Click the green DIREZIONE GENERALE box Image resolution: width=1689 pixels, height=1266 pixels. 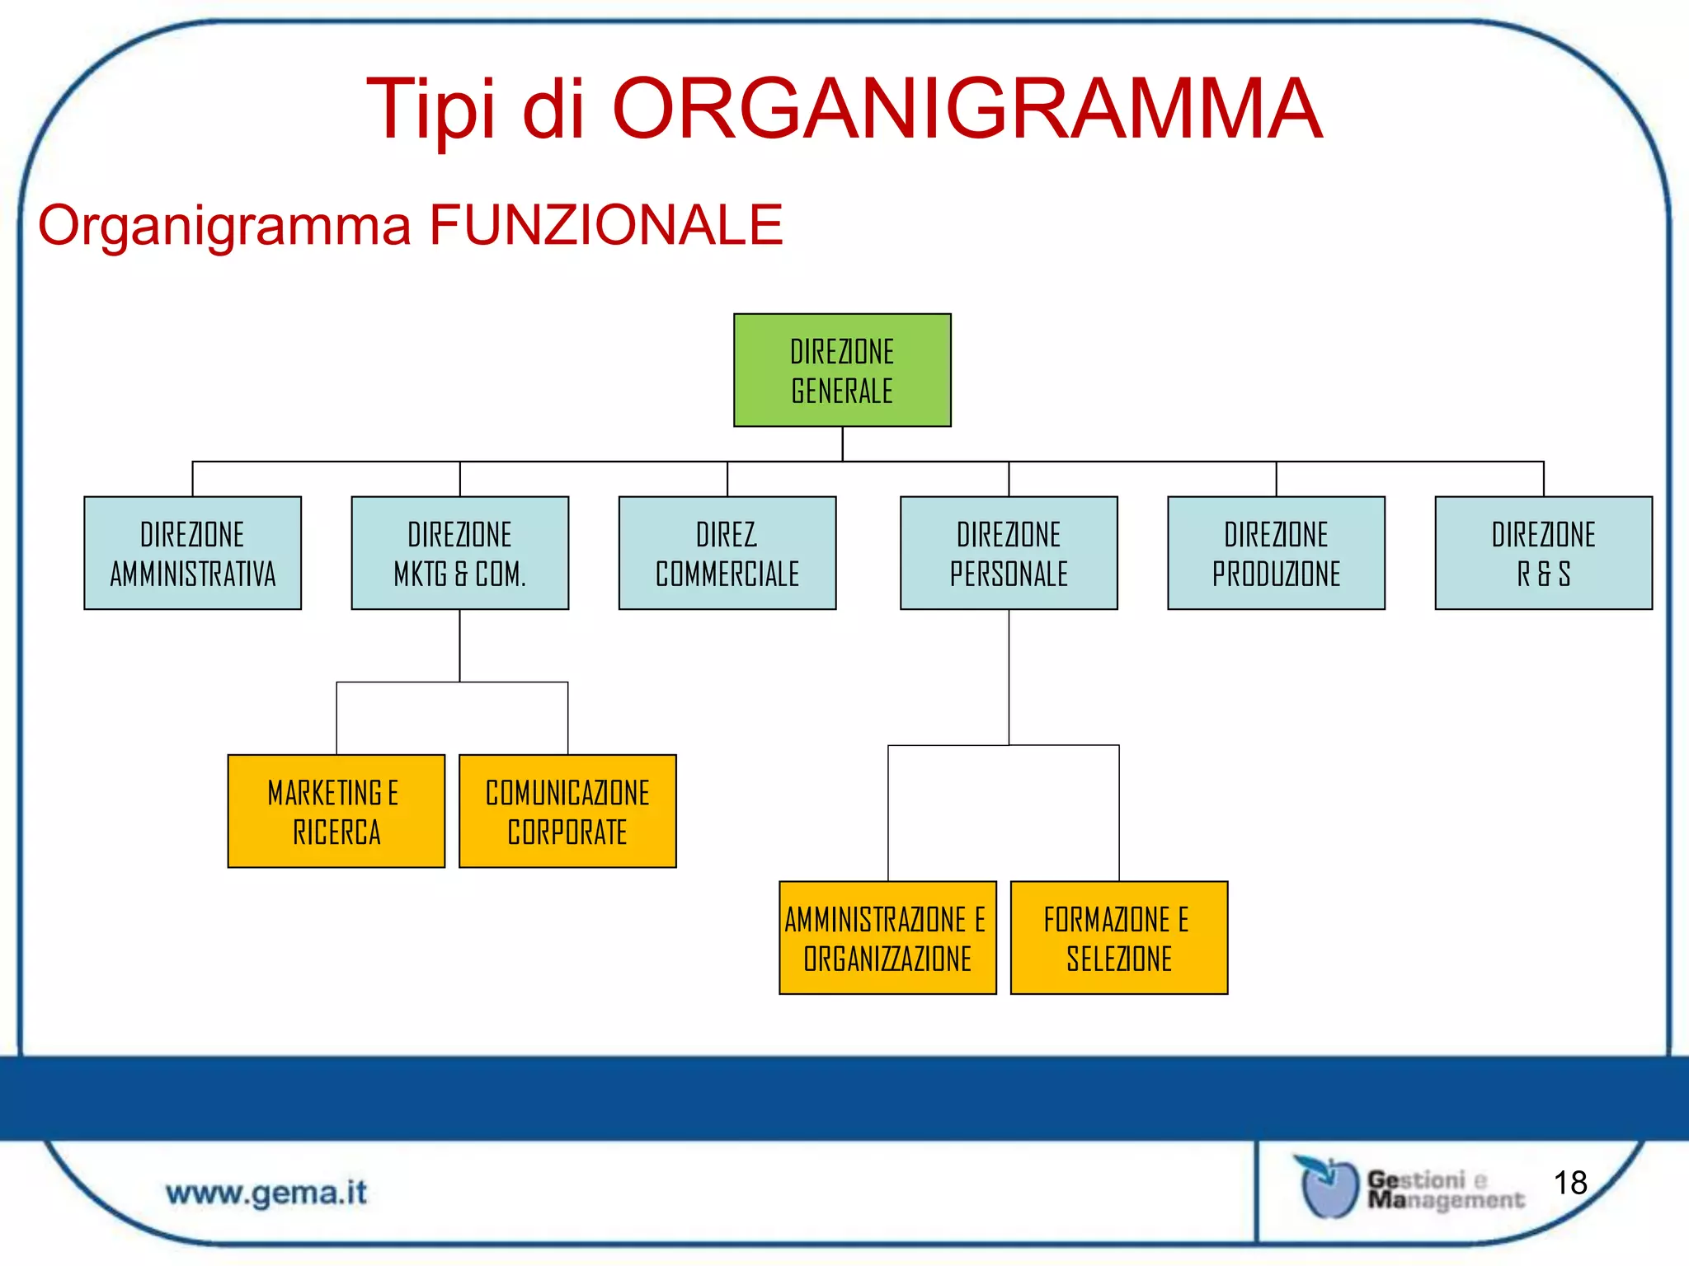click(x=842, y=370)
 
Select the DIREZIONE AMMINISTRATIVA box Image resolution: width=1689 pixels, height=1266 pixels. click(x=192, y=553)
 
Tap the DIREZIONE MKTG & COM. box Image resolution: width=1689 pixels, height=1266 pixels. click(x=459, y=553)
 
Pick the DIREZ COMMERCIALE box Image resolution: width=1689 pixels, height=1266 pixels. click(x=727, y=553)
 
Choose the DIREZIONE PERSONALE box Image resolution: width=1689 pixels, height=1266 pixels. click(x=1009, y=553)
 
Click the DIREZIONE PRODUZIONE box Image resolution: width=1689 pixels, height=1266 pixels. click(x=1276, y=553)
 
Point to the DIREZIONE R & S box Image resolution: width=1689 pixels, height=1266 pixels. click(x=1543, y=553)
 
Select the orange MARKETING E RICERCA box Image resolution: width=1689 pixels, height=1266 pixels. click(x=336, y=811)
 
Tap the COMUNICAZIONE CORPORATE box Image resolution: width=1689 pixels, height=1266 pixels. click(x=567, y=811)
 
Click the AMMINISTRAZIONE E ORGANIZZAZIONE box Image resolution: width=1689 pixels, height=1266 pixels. click(x=887, y=938)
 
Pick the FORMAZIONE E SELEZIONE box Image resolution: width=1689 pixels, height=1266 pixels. click(x=1119, y=938)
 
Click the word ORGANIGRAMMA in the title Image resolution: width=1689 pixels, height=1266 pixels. click(x=967, y=109)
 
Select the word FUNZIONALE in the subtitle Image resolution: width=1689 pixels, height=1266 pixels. click(x=606, y=225)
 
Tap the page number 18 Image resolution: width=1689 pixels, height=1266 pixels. click(x=1570, y=1183)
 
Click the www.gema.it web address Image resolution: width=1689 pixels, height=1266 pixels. click(x=266, y=1193)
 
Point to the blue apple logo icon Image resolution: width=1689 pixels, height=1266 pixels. click(x=1328, y=1187)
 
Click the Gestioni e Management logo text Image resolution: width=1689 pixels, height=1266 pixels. click(x=1443, y=1189)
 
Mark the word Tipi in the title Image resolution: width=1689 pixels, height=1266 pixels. click(x=430, y=109)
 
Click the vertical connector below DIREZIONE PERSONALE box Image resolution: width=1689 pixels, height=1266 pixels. click(x=1009, y=676)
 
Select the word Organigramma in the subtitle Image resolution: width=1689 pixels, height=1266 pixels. click(x=224, y=225)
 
